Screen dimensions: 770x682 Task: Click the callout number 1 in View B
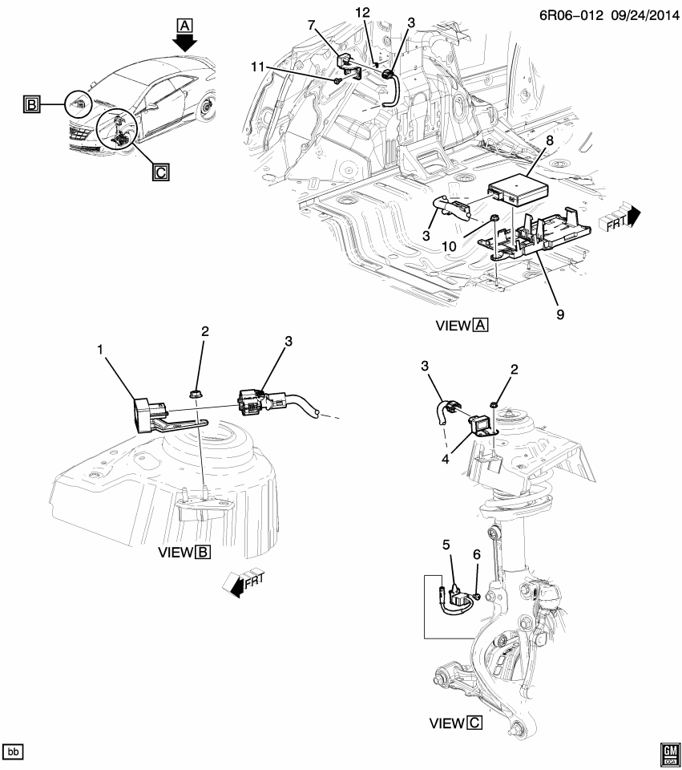click(100, 351)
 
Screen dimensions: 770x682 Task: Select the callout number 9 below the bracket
click(559, 314)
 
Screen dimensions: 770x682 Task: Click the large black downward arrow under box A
click(185, 43)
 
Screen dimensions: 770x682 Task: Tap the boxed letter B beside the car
click(32, 105)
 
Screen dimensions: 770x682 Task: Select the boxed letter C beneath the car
click(161, 171)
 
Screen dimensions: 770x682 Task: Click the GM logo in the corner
click(668, 752)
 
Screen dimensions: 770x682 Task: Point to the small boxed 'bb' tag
click(14, 752)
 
